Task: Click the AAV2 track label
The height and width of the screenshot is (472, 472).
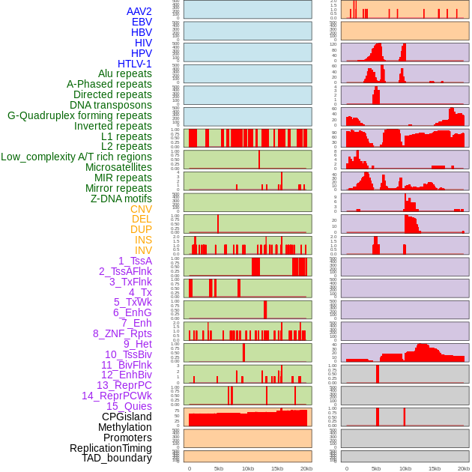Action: click(139, 11)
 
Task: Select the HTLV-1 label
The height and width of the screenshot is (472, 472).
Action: click(134, 64)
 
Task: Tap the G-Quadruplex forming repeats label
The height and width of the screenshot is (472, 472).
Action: click(79, 115)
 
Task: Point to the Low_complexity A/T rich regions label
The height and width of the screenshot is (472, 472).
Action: click(76, 157)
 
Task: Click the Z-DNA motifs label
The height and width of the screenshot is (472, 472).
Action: click(121, 199)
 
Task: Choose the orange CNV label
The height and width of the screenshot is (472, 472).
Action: click(141, 209)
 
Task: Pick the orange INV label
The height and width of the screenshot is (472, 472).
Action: click(143, 250)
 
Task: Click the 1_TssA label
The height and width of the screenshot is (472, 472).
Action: click(135, 261)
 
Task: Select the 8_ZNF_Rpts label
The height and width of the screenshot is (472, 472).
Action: click(122, 333)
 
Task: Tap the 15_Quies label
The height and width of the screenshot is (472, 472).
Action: click(129, 406)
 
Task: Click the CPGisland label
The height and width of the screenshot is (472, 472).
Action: click(127, 417)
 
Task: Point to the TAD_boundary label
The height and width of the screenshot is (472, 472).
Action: click(116, 458)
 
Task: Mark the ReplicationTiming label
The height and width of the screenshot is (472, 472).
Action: click(110, 448)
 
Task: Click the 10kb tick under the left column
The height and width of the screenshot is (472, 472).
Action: click(247, 468)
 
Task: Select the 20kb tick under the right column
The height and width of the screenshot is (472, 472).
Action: click(464, 468)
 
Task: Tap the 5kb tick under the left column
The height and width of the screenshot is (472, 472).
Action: click(219, 468)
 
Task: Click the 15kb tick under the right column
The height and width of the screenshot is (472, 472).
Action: click(435, 468)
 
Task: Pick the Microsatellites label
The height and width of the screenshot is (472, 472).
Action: click(118, 167)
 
